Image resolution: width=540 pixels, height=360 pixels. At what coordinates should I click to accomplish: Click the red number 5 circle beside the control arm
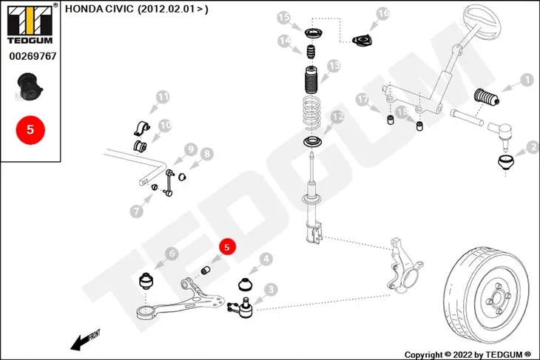[226, 247]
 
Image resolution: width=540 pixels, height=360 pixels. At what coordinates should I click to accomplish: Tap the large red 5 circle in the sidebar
[30, 130]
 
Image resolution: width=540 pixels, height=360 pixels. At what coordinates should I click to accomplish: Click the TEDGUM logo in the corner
[31, 24]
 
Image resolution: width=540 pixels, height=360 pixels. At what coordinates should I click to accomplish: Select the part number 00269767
[33, 56]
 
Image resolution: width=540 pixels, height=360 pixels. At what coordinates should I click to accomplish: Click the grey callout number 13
[334, 65]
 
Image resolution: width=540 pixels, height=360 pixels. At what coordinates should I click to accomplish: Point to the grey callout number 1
[527, 80]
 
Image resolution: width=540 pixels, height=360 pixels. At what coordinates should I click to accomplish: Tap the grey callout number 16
[383, 14]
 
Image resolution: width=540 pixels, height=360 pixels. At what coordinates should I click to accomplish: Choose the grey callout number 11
[163, 97]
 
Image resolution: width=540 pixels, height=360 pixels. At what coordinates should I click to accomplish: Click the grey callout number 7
[136, 211]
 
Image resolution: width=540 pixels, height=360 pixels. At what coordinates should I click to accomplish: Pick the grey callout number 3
[271, 290]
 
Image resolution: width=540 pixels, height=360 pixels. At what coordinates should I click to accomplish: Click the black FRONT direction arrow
[85, 341]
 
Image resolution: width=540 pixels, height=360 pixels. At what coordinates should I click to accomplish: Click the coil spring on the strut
[311, 114]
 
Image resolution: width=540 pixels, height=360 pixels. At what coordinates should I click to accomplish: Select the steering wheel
[482, 22]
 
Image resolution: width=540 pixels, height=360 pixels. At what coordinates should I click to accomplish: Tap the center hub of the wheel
[498, 299]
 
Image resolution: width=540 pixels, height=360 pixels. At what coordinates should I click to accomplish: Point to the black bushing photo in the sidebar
[30, 86]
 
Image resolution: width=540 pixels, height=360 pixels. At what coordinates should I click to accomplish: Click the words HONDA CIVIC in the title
[99, 9]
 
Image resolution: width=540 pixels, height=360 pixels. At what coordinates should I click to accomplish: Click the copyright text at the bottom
[468, 355]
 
